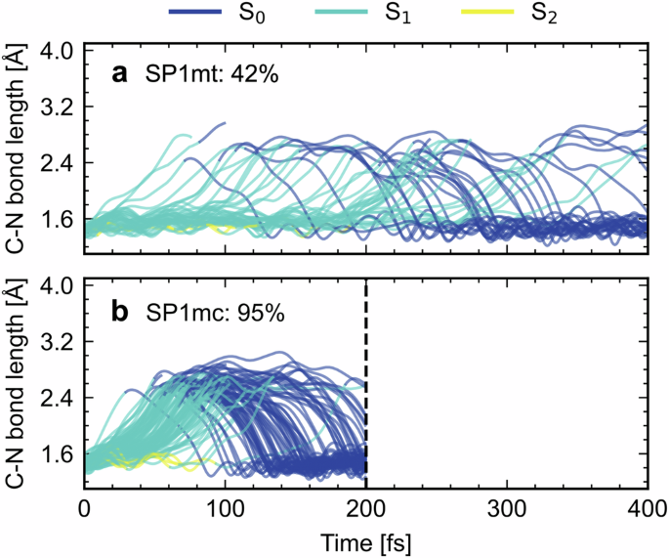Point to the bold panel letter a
pos(121,73)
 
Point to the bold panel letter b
pos(121,314)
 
